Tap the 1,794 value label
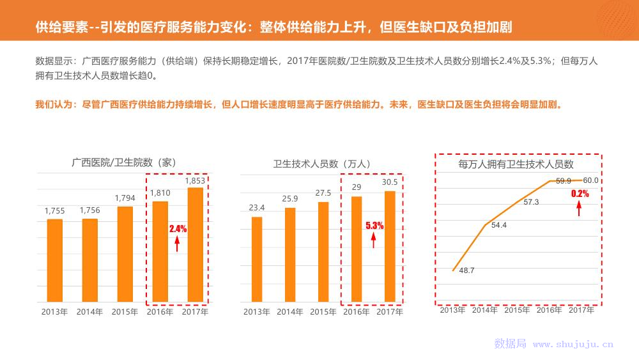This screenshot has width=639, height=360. coord(125,198)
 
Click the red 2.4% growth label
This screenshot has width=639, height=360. coord(178,228)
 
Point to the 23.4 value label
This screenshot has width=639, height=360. coord(257,208)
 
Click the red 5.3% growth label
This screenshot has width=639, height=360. coord(374,226)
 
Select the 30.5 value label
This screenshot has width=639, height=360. coord(390,182)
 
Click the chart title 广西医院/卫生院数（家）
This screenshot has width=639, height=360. coord(123,163)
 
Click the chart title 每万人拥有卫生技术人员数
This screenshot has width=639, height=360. coord(516,165)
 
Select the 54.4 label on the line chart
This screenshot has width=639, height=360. coord(499,224)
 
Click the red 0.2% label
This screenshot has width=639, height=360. coord(580,193)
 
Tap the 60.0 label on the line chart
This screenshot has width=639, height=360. coord(590,180)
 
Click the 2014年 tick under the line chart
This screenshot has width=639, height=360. coord(485,310)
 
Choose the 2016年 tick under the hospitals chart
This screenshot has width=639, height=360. coord(160,312)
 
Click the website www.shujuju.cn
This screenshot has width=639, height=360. coord(573,344)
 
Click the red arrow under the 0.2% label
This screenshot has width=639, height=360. coord(580,208)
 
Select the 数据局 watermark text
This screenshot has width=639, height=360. coord(510,344)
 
